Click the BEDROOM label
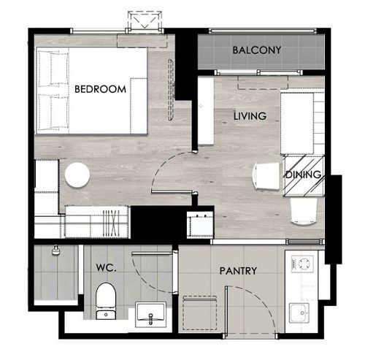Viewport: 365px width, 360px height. [100, 89]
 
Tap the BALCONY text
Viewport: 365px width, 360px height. [257, 50]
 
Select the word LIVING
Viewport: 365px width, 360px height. [250, 116]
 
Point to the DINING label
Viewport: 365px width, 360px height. [303, 175]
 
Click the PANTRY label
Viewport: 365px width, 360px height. [238, 271]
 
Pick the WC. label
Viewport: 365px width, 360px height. [107, 268]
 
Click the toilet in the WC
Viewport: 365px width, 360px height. [106, 301]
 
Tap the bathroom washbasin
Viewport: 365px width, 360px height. [151, 315]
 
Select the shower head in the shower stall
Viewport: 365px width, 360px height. [56, 250]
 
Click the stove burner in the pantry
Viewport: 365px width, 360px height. [302, 264]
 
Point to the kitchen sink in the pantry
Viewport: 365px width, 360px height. [299, 313]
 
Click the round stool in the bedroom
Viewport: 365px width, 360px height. [77, 175]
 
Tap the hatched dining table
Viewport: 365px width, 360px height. [304, 176]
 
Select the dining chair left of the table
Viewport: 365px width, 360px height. [266, 176]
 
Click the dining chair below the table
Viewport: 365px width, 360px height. [304, 211]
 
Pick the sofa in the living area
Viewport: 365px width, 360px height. [302, 123]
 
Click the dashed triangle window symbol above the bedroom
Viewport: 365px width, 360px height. [145, 20]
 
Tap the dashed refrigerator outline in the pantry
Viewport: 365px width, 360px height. [200, 313]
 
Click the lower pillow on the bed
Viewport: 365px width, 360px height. [53, 112]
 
